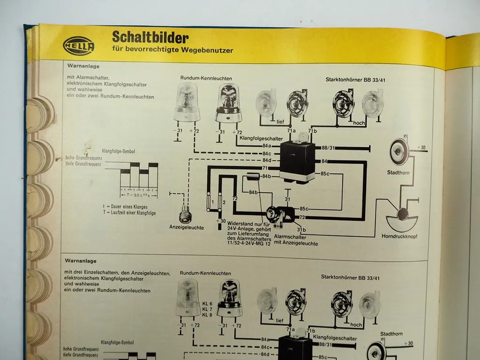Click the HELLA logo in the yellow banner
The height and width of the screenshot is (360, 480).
tap(78, 46)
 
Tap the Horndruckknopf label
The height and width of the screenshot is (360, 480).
tap(399, 236)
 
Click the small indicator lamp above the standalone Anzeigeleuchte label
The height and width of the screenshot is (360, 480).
tap(185, 215)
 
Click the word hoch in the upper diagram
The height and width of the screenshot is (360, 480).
tap(359, 123)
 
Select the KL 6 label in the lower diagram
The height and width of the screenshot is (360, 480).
tap(207, 304)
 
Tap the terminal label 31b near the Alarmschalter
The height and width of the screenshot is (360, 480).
tap(301, 229)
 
